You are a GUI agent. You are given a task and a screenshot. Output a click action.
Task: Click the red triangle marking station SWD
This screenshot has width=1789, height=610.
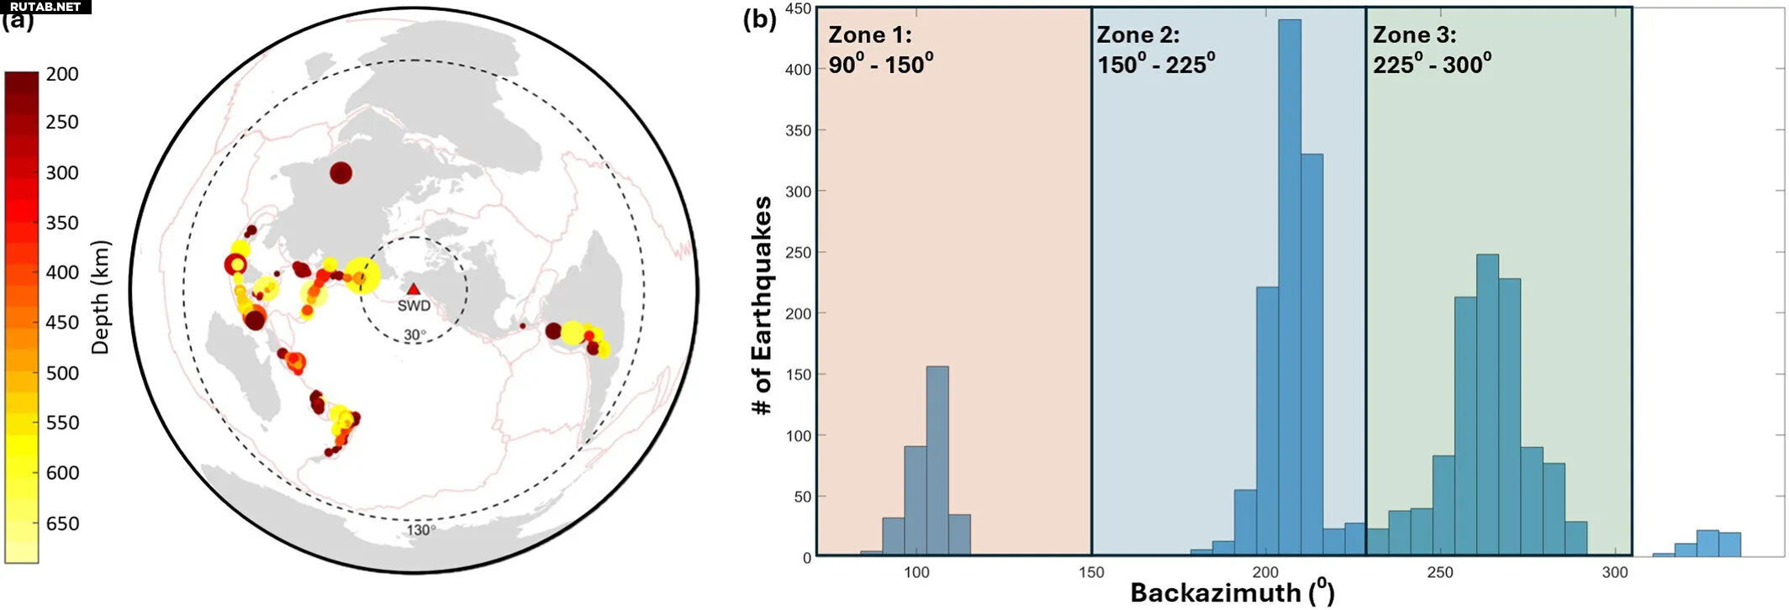pyautogui.click(x=413, y=289)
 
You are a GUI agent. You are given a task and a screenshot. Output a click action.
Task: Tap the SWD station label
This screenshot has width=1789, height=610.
pyautogui.click(x=414, y=306)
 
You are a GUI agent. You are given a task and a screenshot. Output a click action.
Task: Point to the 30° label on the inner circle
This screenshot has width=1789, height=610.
pyautogui.click(x=414, y=335)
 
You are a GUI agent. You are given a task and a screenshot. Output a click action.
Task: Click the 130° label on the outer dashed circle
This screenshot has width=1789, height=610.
pyautogui.click(x=420, y=530)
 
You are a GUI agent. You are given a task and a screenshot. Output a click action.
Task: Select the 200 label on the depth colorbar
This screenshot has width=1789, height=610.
pyautogui.click(x=62, y=74)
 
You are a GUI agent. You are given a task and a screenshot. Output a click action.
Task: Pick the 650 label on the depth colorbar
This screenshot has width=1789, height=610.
pyautogui.click(x=62, y=523)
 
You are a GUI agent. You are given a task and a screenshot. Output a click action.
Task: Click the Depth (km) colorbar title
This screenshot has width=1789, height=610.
pyautogui.click(x=100, y=297)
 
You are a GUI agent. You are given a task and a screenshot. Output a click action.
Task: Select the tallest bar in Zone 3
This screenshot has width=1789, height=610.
pyautogui.click(x=1487, y=403)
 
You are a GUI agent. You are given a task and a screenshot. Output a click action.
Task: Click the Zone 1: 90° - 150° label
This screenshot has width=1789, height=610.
pyautogui.click(x=880, y=50)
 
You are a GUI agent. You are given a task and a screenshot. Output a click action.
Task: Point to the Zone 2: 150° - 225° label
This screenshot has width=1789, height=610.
pyautogui.click(x=1155, y=50)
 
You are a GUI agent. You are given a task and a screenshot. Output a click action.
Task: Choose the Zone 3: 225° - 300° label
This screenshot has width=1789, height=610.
pyautogui.click(x=1432, y=50)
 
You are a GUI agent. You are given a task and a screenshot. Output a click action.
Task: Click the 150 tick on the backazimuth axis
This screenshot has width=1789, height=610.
pyautogui.click(x=1091, y=573)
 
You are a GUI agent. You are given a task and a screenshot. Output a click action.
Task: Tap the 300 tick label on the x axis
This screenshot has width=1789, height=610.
pyautogui.click(x=1614, y=573)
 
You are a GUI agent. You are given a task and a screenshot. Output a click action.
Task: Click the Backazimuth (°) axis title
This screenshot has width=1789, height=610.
pyautogui.click(x=1232, y=592)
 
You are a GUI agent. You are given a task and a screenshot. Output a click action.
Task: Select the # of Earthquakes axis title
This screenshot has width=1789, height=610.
pyautogui.click(x=762, y=306)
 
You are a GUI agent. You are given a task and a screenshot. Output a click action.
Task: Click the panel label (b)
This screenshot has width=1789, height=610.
pyautogui.click(x=759, y=18)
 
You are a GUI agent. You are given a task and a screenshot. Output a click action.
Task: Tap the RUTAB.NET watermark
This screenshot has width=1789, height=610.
pyautogui.click(x=45, y=7)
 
